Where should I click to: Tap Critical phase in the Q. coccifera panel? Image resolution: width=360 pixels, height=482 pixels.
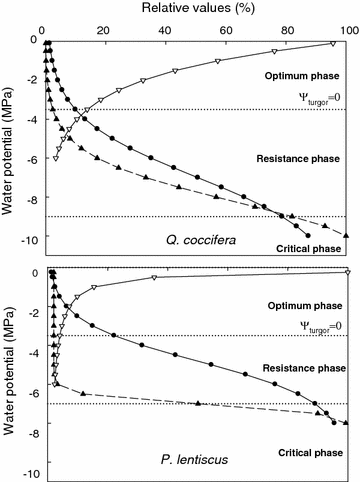click(x=302, y=247)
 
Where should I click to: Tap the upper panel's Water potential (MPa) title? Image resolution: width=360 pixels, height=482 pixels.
click(x=10, y=138)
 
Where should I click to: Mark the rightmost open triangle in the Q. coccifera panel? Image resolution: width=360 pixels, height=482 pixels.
click(x=332, y=44)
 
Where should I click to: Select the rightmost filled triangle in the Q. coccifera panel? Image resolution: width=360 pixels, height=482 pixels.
click(x=347, y=235)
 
